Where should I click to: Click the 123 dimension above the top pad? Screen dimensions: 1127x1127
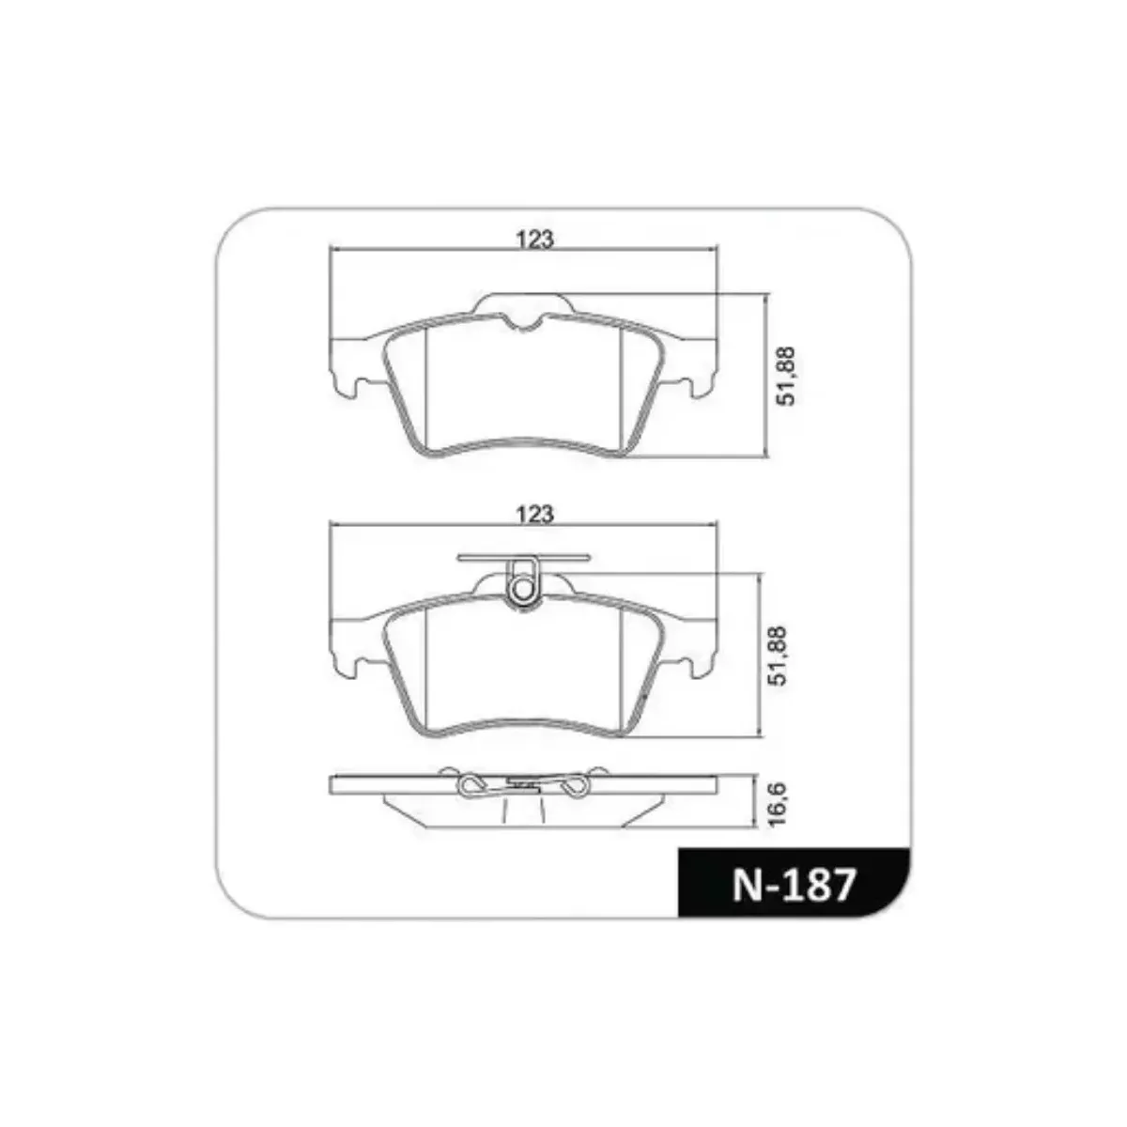point(534,239)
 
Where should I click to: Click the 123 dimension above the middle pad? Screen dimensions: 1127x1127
point(534,515)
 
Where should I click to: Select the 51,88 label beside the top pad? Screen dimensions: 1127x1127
point(786,376)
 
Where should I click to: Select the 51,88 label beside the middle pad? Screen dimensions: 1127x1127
point(780,656)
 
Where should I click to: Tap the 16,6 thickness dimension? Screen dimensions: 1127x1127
point(779,804)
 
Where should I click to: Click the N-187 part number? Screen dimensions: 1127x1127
point(794,885)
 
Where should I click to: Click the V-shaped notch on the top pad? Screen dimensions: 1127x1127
point(523,323)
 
